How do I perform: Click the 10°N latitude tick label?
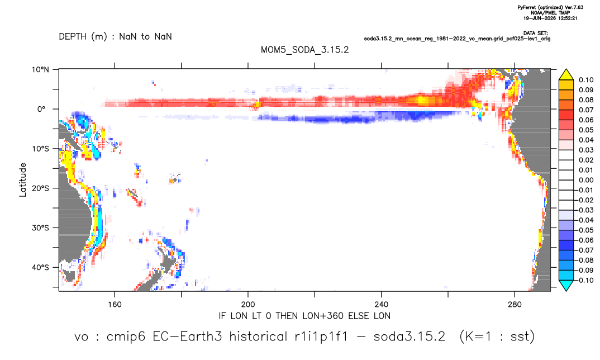click(40, 70)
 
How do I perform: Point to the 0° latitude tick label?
click(41, 109)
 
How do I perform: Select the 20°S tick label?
click(40, 188)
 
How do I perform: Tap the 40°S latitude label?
click(40, 267)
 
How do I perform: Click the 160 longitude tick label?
click(115, 305)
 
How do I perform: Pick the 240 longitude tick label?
click(381, 305)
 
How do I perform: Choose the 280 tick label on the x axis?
click(515, 305)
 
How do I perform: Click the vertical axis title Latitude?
click(23, 180)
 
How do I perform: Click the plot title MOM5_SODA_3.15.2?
click(304, 50)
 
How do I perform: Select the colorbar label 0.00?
click(586, 180)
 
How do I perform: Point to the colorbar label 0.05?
click(586, 130)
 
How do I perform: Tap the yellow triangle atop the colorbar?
click(566, 74)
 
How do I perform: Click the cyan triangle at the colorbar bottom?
click(566, 285)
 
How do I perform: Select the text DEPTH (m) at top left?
click(83, 37)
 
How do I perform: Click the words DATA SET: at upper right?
click(535, 34)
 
